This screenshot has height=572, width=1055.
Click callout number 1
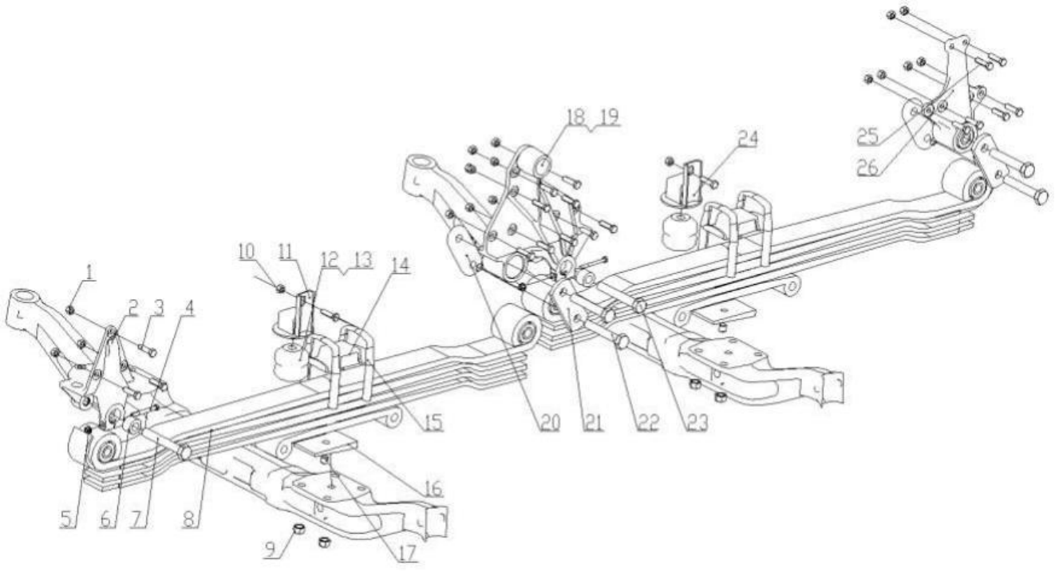click(89, 273)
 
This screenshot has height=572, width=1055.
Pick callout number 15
click(433, 421)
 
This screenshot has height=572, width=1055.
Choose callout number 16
click(433, 487)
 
